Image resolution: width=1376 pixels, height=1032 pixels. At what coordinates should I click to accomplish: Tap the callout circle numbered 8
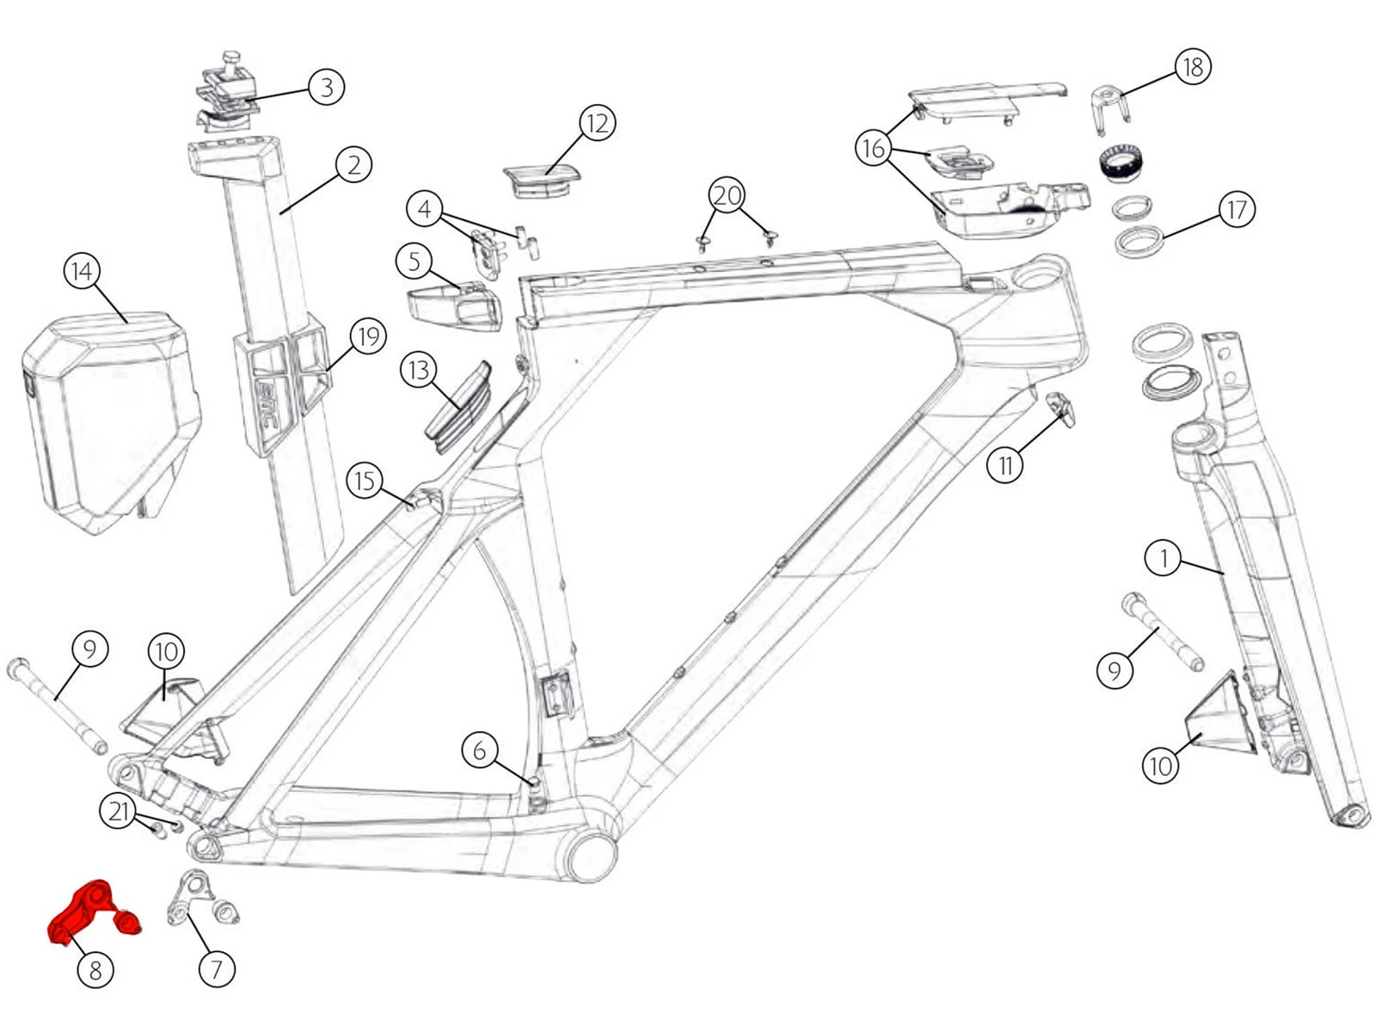pos(95,970)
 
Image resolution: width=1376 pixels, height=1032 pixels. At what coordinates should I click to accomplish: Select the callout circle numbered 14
pos(82,272)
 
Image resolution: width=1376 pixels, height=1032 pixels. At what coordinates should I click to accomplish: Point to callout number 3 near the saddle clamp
pos(326,87)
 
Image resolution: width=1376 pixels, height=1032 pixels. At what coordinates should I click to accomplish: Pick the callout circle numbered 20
pos(727,196)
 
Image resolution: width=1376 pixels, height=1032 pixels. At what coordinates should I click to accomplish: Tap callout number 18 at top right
pos(1192,66)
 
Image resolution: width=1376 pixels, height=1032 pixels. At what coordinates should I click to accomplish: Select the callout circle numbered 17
pos(1236,209)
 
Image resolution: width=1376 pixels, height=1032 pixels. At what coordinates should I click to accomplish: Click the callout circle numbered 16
pos(873,148)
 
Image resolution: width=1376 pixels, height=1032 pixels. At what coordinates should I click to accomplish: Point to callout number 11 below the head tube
pos(1005,465)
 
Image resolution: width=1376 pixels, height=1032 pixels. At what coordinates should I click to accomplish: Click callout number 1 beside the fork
pos(1164,558)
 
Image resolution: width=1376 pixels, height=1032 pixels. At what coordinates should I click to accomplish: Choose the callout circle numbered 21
pos(119,811)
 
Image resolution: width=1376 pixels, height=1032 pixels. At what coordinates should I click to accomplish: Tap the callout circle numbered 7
pos(216,970)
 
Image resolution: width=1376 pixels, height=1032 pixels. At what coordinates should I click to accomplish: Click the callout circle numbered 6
pos(480,749)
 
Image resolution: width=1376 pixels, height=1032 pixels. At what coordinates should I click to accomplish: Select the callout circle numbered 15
pos(365,480)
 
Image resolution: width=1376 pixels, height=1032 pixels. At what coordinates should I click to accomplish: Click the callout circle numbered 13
pos(419,371)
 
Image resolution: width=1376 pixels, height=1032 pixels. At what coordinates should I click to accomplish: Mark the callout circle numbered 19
pos(368,336)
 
